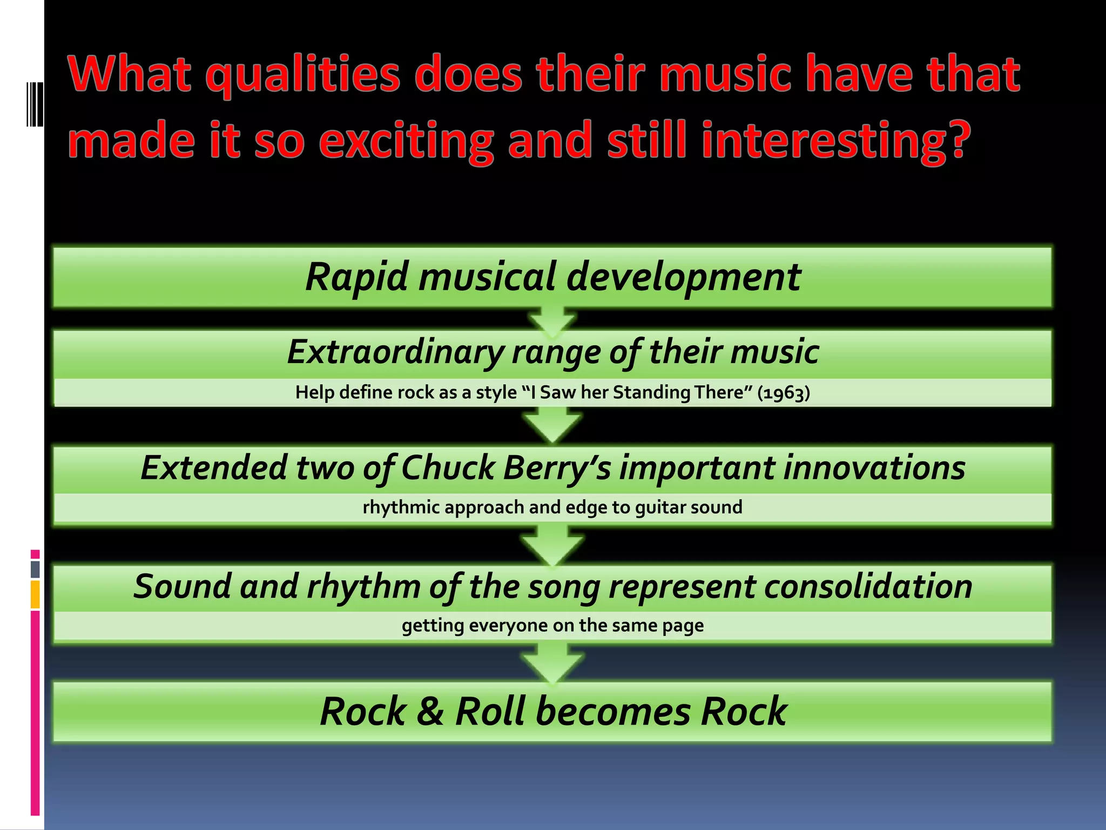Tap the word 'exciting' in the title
[x=406, y=140]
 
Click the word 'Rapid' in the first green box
[x=356, y=277]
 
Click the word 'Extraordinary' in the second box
[x=395, y=352]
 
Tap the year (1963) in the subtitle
[x=784, y=393]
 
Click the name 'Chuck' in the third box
[x=448, y=468]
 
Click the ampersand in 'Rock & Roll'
[x=430, y=712]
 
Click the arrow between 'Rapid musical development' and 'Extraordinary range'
[x=552, y=320]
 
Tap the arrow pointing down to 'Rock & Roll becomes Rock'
[x=552, y=664]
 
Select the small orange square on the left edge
[x=35, y=594]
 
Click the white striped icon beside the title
[x=35, y=104]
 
